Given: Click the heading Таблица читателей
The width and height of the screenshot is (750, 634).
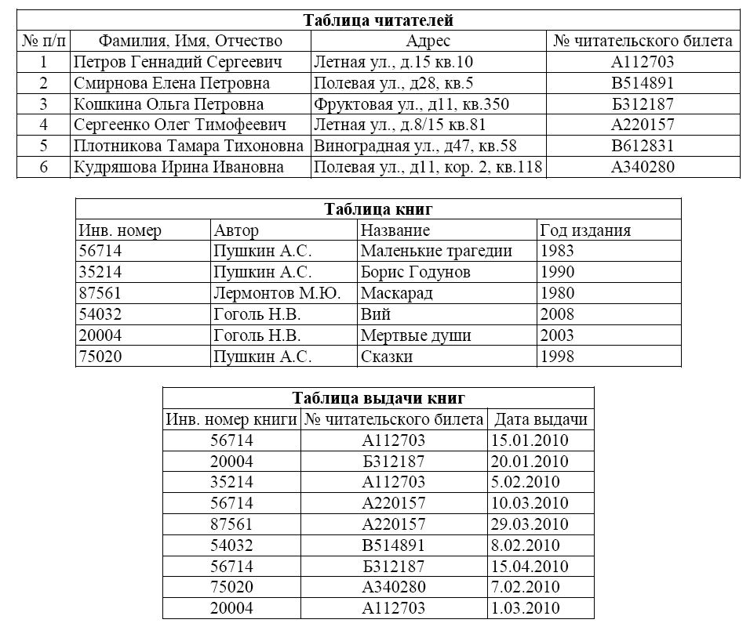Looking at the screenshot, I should pos(378,20).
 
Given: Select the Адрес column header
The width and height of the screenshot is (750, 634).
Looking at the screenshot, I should pos(428,41).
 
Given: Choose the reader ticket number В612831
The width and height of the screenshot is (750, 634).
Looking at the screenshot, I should pos(643,146).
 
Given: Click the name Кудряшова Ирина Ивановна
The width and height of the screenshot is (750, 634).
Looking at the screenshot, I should pos(178,167).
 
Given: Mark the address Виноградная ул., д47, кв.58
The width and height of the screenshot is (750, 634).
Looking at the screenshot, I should pos(415,146).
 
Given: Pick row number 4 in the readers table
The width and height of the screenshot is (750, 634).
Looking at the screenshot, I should pos(44,125).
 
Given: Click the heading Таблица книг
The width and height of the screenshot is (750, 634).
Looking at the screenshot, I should pos(378,209).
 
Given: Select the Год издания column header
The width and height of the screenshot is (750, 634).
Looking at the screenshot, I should pos(585,230).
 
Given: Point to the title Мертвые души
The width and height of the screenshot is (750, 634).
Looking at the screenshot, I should pos(416,335).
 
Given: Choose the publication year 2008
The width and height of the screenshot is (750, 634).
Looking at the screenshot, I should pos(557,314).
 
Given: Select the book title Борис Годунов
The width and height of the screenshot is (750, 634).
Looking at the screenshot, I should pos(416,272).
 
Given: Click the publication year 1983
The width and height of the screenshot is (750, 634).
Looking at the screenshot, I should pos(557,251).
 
